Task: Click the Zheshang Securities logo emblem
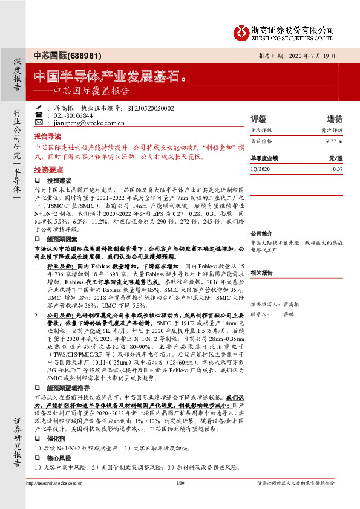(x=242, y=30)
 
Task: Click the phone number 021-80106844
(x=69, y=115)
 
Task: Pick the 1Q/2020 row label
(x=261, y=169)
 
